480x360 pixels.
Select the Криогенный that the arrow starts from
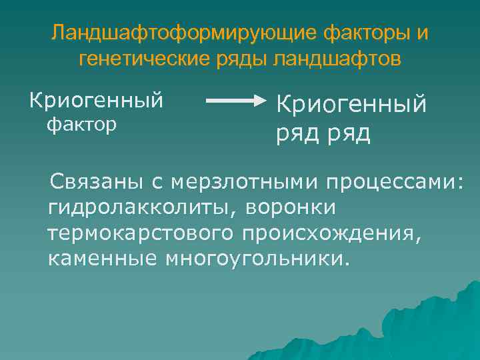(96, 101)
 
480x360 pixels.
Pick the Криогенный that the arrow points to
(351, 104)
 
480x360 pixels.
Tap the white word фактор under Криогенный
(81, 125)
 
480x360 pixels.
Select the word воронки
(291, 207)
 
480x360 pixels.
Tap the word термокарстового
(140, 233)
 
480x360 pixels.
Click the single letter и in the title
(423, 33)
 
